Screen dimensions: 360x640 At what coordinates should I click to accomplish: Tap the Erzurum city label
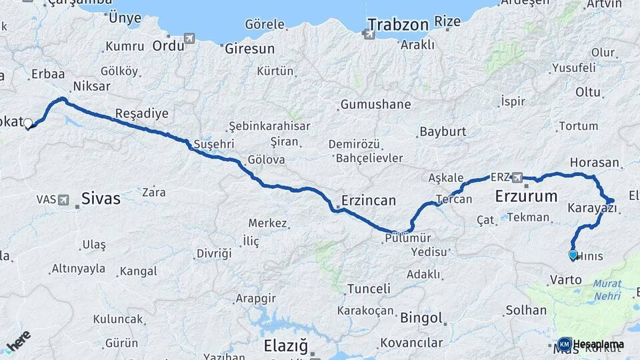pos(526,197)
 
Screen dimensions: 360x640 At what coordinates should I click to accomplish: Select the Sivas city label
pos(101,198)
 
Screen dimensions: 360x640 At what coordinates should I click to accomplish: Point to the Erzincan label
pos(369,201)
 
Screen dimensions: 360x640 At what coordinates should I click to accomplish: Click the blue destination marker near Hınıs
pos(573,254)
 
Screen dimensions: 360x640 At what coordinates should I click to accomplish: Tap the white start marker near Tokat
pos(28,123)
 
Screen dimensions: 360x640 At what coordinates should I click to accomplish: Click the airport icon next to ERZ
pos(517,177)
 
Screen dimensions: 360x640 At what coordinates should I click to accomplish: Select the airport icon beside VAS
pos(63,199)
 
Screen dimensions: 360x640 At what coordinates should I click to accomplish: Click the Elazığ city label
pos(286,346)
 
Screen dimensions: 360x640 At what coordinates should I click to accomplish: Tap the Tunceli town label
pos(369,289)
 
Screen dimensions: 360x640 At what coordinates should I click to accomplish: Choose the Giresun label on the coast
pos(250,49)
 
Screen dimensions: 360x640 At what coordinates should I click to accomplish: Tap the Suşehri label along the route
pos(211,144)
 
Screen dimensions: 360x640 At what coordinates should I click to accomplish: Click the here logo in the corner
pos(19,340)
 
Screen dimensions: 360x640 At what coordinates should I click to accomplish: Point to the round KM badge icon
pos(564,344)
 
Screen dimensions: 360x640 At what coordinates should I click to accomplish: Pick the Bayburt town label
pos(443,131)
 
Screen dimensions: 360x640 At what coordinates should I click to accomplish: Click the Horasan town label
pos(595,163)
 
